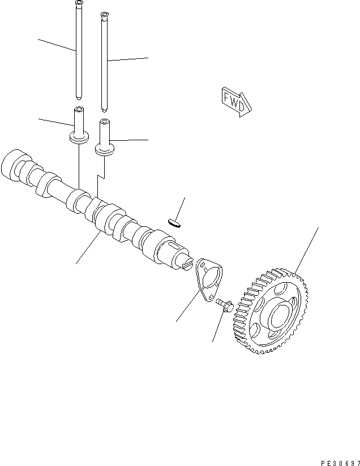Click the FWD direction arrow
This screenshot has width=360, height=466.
234,101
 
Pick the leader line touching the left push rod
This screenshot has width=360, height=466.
57,45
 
